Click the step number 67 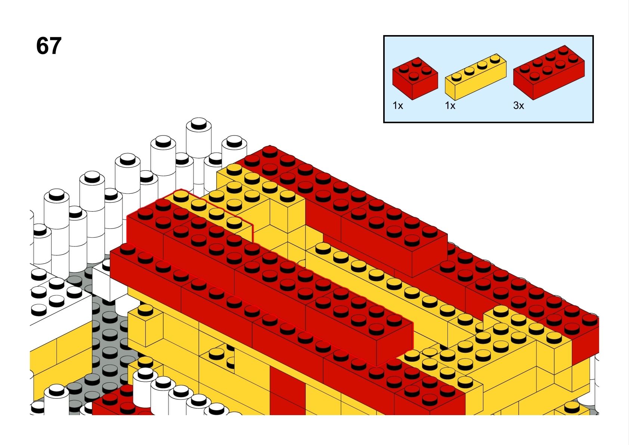49,46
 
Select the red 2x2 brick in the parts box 415,78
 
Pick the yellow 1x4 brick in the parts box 476,77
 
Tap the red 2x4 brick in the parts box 549,72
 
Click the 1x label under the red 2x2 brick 398,106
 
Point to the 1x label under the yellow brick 450,106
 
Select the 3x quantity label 519,106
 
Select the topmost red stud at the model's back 270,152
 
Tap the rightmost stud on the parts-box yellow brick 495,59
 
